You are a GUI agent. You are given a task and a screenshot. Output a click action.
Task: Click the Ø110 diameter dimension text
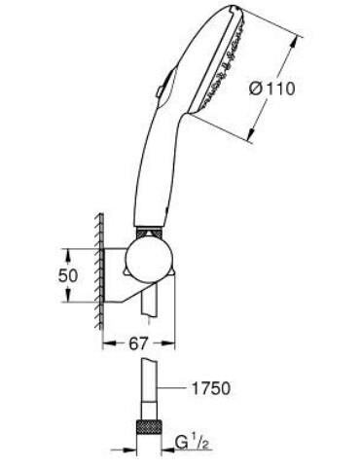(272, 89)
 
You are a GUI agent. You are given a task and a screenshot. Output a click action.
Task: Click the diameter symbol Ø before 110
(256, 89)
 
